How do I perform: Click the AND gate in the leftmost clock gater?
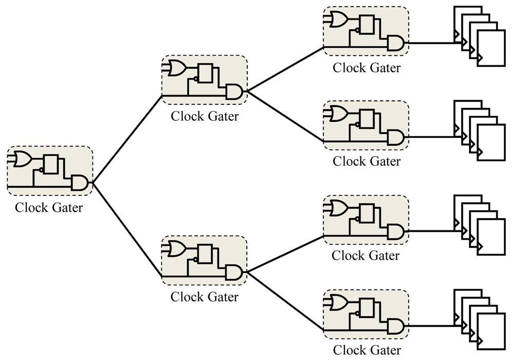80,183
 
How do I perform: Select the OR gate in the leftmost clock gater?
22,159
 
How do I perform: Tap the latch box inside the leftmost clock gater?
51,165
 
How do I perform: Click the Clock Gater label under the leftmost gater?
49,208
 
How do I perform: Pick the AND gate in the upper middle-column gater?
234,92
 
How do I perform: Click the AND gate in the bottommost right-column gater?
395,326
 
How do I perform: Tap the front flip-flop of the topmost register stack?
491,48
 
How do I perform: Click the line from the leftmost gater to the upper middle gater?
127,139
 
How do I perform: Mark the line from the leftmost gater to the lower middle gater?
127,229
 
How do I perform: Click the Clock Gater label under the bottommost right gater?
366,350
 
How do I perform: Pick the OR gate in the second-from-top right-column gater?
338,114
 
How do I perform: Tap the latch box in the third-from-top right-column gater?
366,213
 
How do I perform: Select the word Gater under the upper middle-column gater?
223,116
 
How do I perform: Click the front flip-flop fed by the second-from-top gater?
491,142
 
